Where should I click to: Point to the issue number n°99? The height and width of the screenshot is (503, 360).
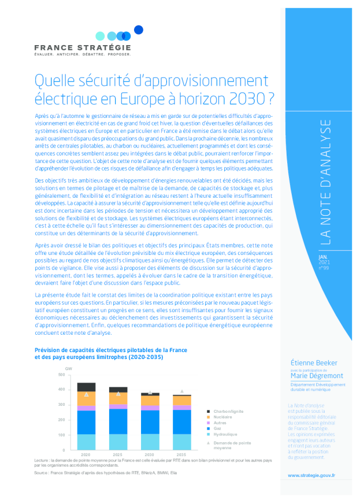(x=323, y=267)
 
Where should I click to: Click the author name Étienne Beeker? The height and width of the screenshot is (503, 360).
(x=314, y=363)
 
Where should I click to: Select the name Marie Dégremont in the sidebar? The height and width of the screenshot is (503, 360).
(x=317, y=375)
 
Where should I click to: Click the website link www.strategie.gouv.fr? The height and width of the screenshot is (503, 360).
(x=311, y=475)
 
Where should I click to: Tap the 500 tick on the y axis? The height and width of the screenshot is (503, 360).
(x=62, y=375)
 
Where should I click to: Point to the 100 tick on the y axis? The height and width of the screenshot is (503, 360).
(x=62, y=435)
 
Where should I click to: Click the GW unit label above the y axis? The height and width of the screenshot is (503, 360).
(x=69, y=368)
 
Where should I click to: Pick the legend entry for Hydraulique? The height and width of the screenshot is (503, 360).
(x=225, y=434)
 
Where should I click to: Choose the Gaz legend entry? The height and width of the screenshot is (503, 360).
(x=217, y=428)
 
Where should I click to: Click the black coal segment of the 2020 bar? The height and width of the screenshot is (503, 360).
(x=86, y=387)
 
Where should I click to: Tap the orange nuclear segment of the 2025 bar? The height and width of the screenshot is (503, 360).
(x=118, y=398)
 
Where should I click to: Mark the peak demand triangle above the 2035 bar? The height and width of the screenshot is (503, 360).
(x=182, y=391)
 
